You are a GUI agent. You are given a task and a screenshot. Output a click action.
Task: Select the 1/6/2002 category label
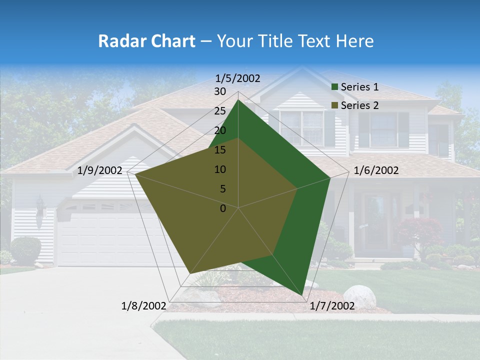pos(376,170)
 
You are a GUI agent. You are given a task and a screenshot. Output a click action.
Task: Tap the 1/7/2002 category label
pos(332,306)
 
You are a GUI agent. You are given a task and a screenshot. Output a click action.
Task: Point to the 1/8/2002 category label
pos(144,306)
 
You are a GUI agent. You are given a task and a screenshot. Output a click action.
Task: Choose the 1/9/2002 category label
pos(100,170)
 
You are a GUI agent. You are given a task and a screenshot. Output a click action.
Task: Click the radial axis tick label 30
pos(220,91)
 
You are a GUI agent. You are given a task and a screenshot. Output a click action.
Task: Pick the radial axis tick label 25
pos(220,111)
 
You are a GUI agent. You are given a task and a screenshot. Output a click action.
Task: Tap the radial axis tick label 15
pos(220,150)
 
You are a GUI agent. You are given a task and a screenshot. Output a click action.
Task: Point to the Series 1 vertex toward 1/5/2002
pos(238,100)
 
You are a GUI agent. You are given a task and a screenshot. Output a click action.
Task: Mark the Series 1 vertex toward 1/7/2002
pos(302,295)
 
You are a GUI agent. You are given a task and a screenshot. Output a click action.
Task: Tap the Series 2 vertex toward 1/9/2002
pos(135,174)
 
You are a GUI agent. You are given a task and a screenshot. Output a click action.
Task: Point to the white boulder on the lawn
pos(359,296)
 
